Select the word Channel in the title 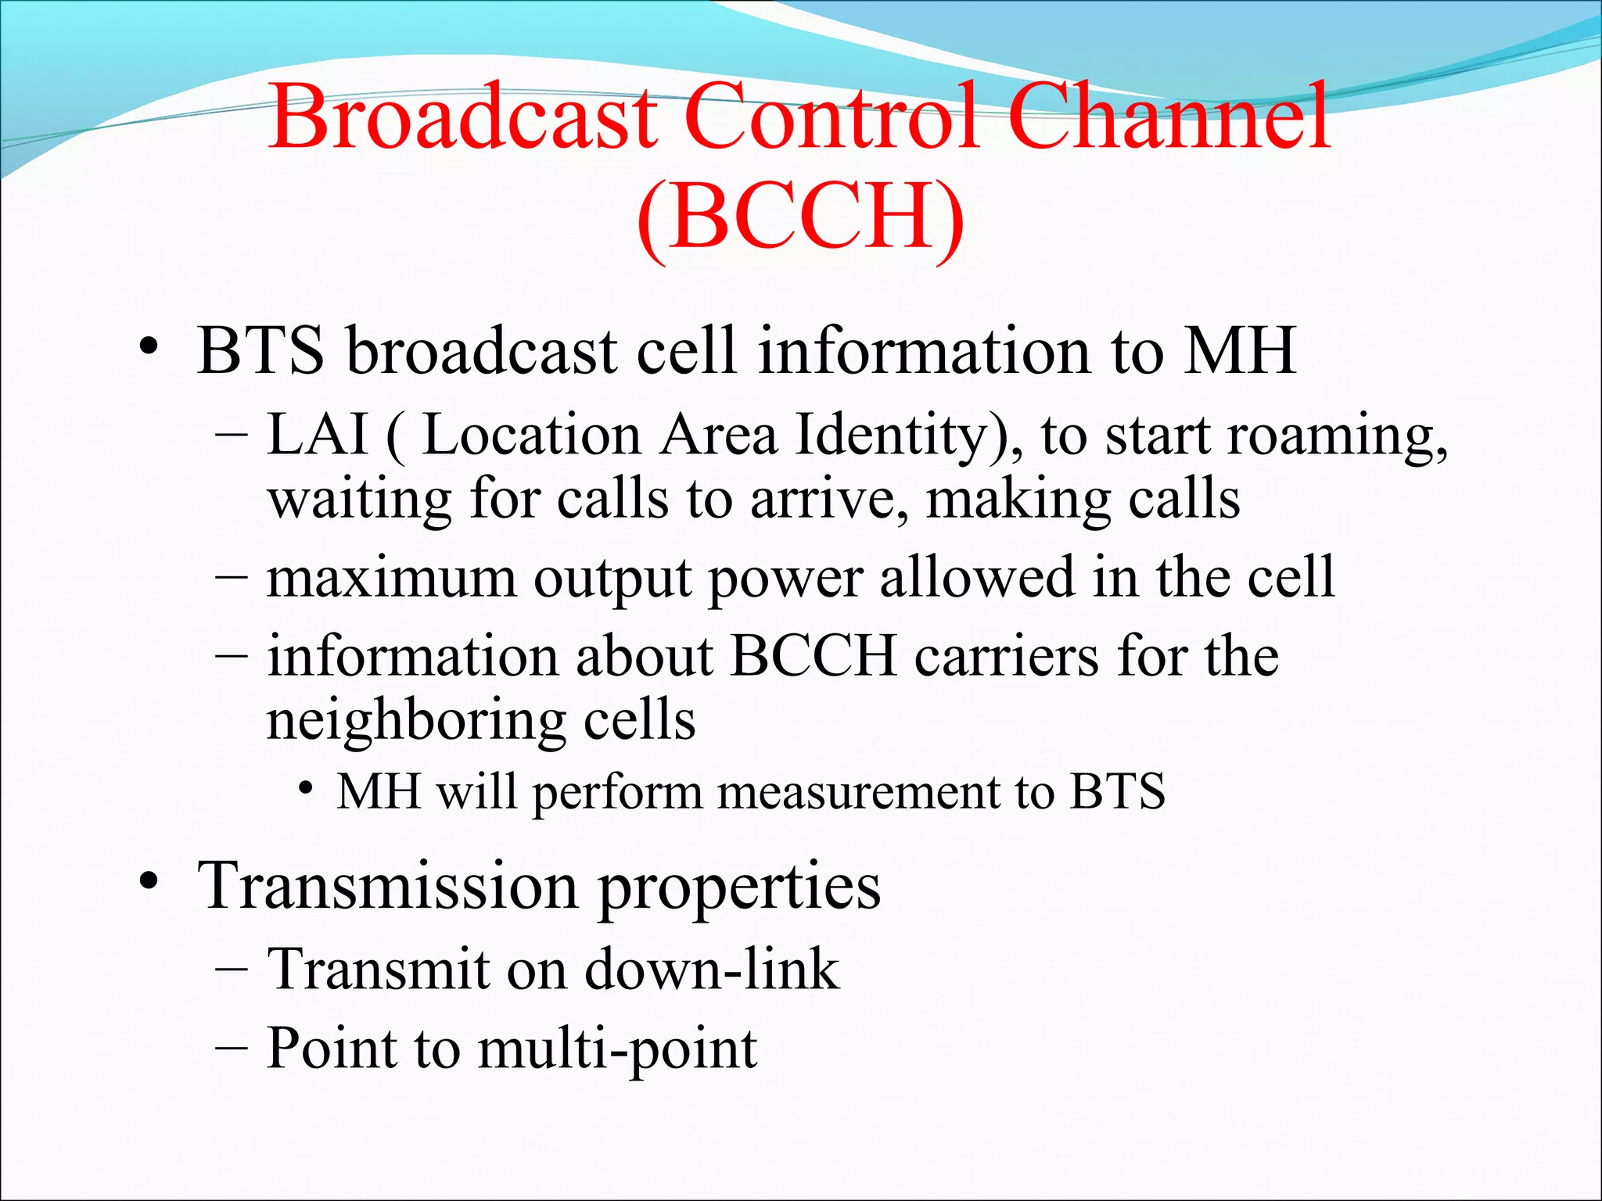click(1169, 117)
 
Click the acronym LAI click(317, 435)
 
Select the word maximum click(391, 579)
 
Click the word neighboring click(415, 721)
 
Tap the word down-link click(711, 970)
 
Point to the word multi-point click(617, 1049)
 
